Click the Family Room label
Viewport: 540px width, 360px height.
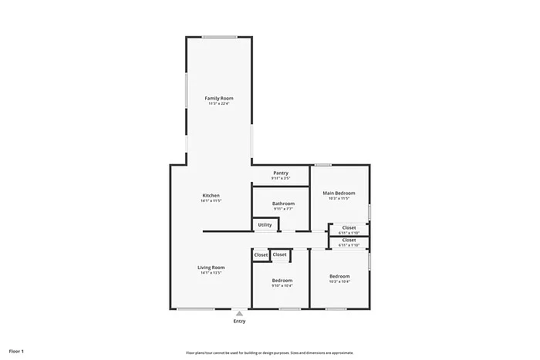pos(219,99)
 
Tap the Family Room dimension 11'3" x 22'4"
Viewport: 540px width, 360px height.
pos(219,104)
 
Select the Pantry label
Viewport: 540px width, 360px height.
pos(281,173)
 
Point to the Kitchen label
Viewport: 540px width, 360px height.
pos(211,195)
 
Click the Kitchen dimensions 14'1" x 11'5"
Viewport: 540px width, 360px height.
pos(211,201)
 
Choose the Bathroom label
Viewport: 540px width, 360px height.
pos(283,204)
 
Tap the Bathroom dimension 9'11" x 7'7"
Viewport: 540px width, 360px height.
pos(283,210)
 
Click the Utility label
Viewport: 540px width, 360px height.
pos(265,225)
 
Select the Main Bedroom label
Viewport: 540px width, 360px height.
pos(339,193)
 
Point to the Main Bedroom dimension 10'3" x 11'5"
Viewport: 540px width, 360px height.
pos(339,199)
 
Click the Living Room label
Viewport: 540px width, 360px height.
pos(211,267)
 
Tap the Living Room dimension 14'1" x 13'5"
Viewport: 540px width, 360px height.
pos(211,273)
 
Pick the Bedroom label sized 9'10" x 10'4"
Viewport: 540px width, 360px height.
pos(282,280)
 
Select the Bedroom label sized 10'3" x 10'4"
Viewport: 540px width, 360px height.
pos(339,276)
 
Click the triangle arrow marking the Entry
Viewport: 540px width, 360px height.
pos(240,314)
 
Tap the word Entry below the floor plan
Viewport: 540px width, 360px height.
pos(240,321)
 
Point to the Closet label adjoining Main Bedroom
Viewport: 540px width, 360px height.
pos(349,227)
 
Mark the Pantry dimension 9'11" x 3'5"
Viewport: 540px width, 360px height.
pos(281,179)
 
